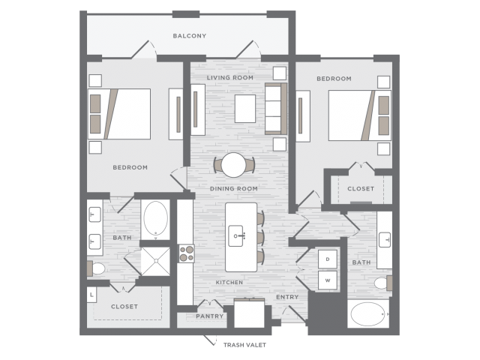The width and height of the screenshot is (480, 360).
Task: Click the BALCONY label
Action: [190, 36]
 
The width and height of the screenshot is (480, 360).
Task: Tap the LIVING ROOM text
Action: [230, 78]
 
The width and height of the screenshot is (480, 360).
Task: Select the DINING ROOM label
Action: [233, 188]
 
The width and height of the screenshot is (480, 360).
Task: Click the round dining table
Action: [233, 165]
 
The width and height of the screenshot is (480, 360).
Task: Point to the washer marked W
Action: [328, 280]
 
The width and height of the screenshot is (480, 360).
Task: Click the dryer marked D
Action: [328, 259]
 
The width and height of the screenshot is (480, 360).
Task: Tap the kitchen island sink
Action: [236, 235]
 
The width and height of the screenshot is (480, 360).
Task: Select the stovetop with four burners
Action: [187, 253]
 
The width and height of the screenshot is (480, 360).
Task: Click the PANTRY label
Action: [210, 316]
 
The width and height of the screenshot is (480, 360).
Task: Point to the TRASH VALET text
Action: [244, 345]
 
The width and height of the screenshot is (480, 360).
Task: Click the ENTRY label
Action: [287, 297]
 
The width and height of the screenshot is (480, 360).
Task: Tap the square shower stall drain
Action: [156, 261]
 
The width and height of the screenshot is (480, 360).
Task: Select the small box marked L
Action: [91, 295]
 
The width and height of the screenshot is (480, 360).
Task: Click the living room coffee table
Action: [245, 109]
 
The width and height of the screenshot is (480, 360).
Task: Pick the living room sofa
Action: [276, 109]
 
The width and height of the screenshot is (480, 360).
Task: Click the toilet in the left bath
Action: [96, 268]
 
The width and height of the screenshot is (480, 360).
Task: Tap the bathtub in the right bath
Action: [368, 314]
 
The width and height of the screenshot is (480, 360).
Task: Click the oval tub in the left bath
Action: [156, 218]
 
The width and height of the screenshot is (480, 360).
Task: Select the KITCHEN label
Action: [229, 282]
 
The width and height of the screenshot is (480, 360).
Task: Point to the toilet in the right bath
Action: [383, 283]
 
